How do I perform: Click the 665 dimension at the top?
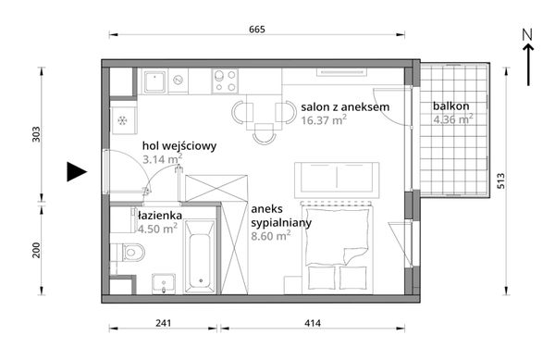[x=257, y=29]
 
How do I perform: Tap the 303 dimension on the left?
[x=36, y=134]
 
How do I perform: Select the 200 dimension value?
[x=36, y=250]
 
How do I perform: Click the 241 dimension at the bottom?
[x=163, y=323]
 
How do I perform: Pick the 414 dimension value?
[x=313, y=323]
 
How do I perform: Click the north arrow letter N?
[x=527, y=34]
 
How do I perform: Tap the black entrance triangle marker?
[x=77, y=172]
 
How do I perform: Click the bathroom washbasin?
[x=164, y=283]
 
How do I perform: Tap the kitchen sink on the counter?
[x=155, y=81]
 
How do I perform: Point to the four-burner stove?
[x=225, y=81]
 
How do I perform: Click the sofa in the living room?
[x=337, y=180]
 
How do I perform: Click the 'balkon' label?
[x=451, y=106]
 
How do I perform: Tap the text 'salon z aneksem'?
[x=345, y=106]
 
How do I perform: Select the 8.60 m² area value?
[x=271, y=235]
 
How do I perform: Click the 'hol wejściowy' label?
[x=179, y=146]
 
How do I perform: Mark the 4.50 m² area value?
[x=157, y=229]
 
